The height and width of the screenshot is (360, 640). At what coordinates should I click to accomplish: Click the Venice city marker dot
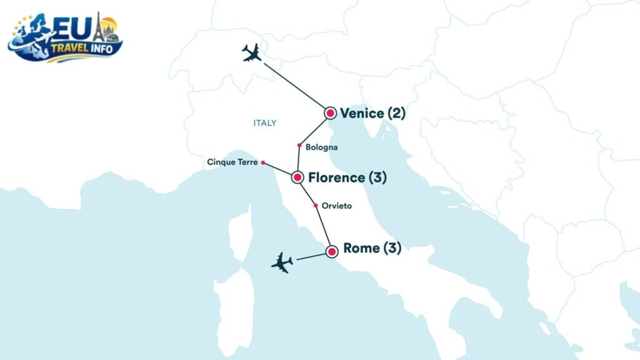[331, 113]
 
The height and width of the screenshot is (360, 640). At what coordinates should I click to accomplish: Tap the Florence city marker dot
[297, 177]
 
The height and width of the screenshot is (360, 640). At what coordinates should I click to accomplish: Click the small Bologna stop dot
[300, 145]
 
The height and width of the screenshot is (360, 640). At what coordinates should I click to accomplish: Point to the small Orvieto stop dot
[316, 205]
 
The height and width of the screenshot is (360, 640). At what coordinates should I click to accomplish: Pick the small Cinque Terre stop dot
[263, 162]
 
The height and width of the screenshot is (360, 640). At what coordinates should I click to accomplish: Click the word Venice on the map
[362, 113]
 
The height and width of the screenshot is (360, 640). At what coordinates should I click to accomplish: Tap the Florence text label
[336, 177]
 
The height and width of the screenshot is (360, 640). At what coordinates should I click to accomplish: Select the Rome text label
[362, 249]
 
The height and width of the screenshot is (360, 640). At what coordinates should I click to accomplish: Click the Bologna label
[322, 147]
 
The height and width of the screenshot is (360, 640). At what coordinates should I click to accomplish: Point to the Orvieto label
[337, 206]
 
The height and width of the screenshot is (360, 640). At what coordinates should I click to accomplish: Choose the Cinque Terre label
[232, 162]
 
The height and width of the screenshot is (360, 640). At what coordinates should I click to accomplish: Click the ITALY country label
[264, 123]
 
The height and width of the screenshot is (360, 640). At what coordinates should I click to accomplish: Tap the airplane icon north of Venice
[252, 53]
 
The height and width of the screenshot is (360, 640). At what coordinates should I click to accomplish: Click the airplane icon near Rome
[282, 262]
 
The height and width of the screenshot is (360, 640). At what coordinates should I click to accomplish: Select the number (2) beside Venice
[396, 113]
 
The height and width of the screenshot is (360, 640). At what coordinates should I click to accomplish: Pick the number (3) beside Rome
[392, 249]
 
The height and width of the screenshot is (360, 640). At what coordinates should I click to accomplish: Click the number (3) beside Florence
[377, 177]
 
